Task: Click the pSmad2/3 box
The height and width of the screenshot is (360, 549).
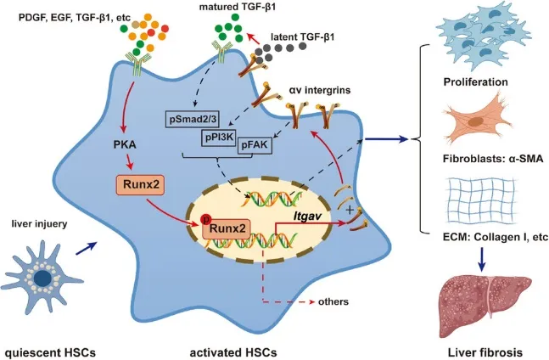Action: [x=192, y=120]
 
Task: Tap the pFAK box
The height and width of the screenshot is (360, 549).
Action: [x=255, y=145]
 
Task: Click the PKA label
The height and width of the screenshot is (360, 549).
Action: [x=125, y=144]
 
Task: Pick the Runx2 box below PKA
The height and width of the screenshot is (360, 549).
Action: [x=139, y=184]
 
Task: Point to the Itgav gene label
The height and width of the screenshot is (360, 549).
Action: [x=308, y=217]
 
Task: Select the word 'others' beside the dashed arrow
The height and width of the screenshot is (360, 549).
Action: [x=333, y=301]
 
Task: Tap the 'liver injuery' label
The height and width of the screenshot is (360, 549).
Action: [x=39, y=224]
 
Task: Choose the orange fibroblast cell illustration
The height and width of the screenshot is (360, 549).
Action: [x=476, y=120]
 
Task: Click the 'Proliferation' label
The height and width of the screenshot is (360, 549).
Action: [x=475, y=82]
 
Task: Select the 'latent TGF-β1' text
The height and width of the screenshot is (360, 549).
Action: [x=303, y=37]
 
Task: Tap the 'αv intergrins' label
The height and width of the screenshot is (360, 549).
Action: [x=320, y=90]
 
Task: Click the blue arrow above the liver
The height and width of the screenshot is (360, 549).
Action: [x=483, y=259]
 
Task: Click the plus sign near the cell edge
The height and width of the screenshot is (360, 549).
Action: [x=349, y=210]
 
